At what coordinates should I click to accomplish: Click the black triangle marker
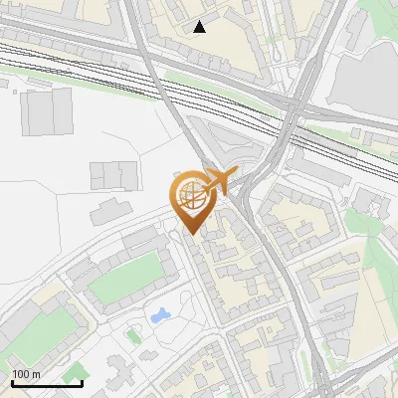coord(200,27)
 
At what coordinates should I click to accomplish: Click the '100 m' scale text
coord(26,374)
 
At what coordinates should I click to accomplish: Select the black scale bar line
coord(47,383)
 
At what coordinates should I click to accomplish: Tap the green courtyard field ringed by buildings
coord(124,280)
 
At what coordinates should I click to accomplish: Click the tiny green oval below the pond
coord(133,335)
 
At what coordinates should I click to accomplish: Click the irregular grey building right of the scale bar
coord(124,373)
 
